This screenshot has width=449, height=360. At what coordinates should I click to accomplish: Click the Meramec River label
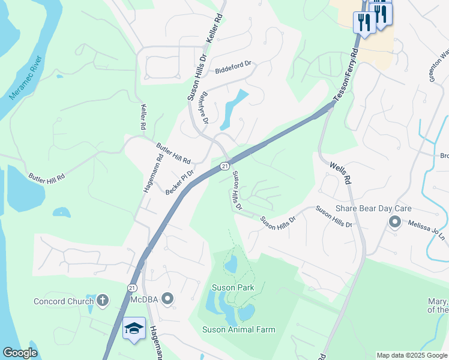(x=26, y=78)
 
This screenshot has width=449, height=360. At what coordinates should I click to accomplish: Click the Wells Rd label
(x=340, y=172)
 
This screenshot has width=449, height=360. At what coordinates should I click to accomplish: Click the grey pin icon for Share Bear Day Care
(x=394, y=223)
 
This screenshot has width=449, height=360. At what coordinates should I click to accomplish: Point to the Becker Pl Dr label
(x=179, y=182)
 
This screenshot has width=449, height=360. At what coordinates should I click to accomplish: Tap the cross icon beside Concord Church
(x=103, y=299)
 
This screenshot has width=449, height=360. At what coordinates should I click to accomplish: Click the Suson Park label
(x=233, y=287)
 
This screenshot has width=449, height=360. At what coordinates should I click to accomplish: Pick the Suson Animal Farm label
(x=238, y=329)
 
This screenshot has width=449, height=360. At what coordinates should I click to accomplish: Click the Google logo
(x=20, y=353)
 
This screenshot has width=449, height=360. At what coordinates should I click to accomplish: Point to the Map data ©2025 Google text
(x=412, y=355)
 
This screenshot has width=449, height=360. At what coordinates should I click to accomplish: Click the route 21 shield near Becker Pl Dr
(x=224, y=166)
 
